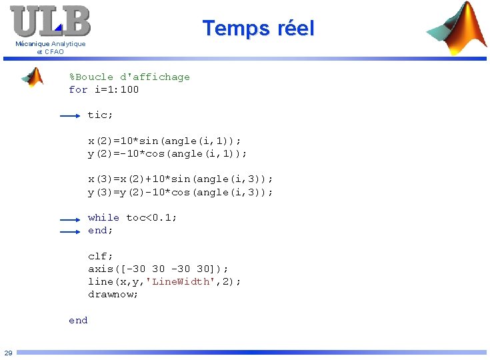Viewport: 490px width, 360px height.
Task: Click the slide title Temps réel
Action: point(258,29)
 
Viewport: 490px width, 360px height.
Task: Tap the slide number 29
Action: point(8,353)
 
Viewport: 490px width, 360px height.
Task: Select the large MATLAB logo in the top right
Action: point(457,29)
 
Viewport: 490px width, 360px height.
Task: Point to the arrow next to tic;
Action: point(70,116)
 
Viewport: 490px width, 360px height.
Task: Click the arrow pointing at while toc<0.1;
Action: point(70,219)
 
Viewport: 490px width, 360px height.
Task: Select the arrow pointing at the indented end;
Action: point(70,231)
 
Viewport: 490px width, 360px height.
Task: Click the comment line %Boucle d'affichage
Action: point(129,77)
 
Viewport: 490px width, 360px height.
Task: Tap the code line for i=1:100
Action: point(104,90)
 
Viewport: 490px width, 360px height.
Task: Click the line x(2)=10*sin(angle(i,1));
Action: point(165,141)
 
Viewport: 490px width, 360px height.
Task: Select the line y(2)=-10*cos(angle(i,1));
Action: point(167,154)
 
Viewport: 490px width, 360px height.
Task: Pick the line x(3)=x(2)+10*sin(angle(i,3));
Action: point(181,179)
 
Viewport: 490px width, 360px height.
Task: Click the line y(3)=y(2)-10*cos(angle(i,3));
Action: point(181,193)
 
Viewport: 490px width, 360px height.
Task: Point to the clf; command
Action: point(101,256)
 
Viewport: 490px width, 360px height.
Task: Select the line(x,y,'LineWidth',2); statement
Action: point(165,281)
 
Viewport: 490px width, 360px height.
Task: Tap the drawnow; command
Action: point(113,294)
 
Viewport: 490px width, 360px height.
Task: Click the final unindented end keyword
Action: point(78,321)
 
